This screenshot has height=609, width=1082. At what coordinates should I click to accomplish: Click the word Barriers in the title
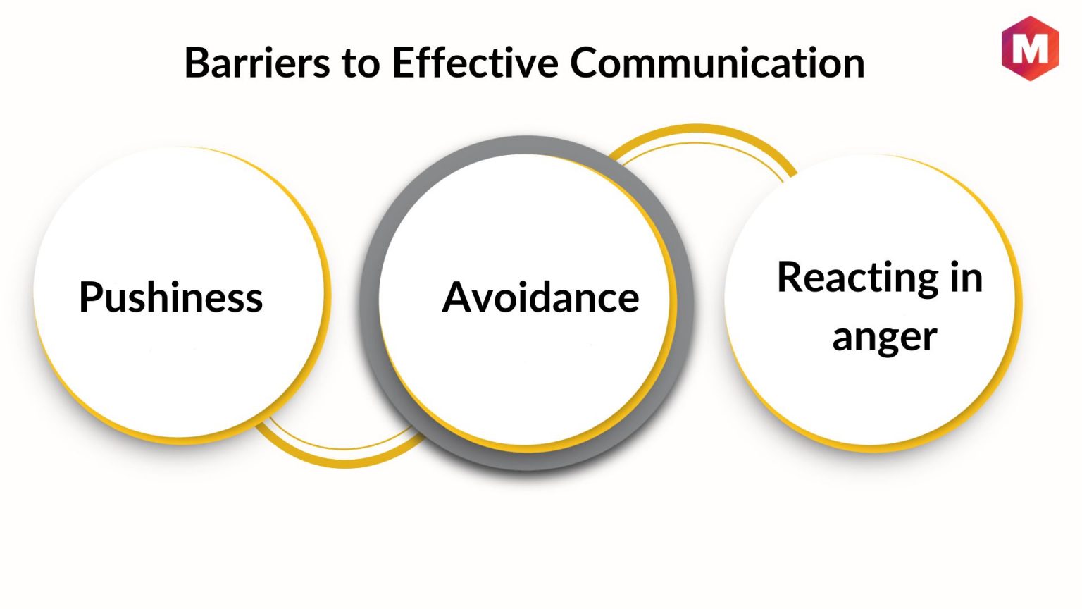257,63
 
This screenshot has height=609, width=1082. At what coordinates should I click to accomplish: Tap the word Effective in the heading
475,63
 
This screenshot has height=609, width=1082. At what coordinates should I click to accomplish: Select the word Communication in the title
717,63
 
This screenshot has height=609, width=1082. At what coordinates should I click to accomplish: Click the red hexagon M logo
1030,48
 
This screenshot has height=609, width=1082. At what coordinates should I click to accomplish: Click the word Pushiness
171,297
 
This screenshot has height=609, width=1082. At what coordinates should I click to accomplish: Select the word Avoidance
540,297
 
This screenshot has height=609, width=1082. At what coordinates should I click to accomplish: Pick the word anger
885,337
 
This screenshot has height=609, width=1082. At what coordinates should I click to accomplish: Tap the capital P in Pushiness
89,297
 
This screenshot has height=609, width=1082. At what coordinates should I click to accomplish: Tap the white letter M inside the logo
1030,48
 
